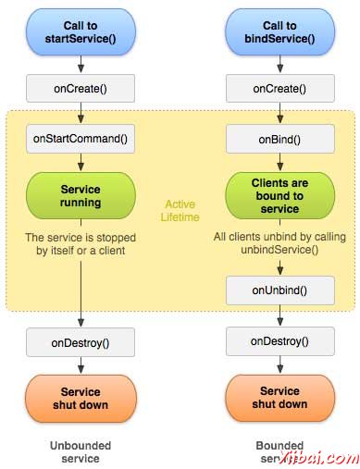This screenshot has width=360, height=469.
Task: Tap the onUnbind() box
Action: tap(280, 290)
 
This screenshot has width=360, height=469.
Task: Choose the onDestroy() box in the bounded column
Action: tap(280, 341)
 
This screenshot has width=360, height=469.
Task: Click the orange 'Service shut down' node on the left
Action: tap(81, 398)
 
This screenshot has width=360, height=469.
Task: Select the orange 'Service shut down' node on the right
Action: tap(280, 398)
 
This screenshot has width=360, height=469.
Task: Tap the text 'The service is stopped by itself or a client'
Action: tap(81, 242)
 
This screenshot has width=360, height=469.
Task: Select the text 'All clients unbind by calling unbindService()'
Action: tap(280, 243)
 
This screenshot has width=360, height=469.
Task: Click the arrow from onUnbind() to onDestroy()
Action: tap(280, 316)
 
